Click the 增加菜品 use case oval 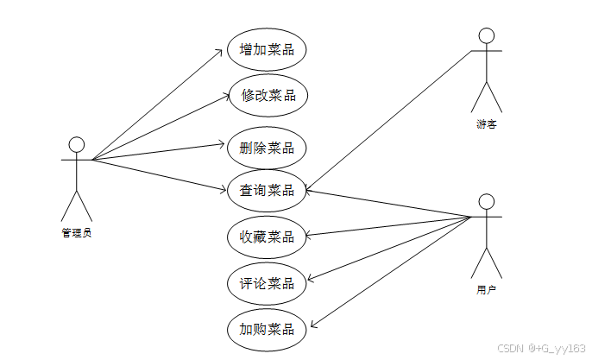(x=267, y=49)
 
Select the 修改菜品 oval (x=267, y=95)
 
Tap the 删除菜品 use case (x=267, y=147)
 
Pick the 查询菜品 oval (x=267, y=190)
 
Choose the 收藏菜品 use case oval (x=267, y=236)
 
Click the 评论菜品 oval (x=267, y=282)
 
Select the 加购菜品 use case (x=267, y=329)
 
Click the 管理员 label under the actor (x=77, y=232)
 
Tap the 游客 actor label (x=486, y=124)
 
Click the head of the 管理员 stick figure (x=77, y=143)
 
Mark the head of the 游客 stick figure (x=487, y=35)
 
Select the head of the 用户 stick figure (x=487, y=201)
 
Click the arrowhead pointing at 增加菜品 (x=221, y=52)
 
